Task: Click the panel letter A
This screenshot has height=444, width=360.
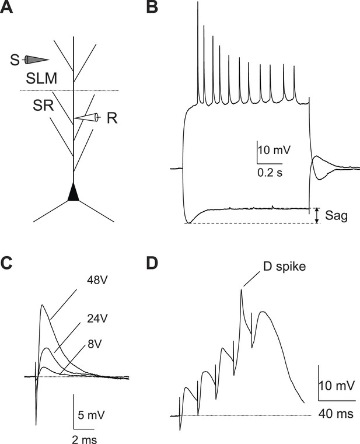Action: [x=6, y=8]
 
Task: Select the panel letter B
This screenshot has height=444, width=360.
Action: [x=152, y=8]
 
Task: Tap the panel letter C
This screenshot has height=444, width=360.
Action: [x=6, y=263]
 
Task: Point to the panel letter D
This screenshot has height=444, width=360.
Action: [x=152, y=263]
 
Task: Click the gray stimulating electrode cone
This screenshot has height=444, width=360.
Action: [x=37, y=60]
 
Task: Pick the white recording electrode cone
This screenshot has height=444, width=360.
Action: [x=86, y=117]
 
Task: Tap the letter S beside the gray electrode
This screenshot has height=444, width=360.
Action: [x=15, y=60]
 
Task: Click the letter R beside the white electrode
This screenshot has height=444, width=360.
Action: [x=112, y=118]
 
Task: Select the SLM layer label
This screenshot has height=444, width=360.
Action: [x=41, y=78]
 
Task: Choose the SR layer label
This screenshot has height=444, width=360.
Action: [x=43, y=106]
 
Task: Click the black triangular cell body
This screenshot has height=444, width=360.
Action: [x=74, y=192]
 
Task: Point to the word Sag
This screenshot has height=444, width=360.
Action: [x=336, y=216]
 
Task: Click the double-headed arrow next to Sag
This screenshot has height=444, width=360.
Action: [x=317, y=215]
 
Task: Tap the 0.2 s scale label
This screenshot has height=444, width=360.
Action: [x=270, y=173]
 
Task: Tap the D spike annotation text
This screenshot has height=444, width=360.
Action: [x=284, y=267]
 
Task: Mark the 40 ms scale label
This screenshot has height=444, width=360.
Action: [x=336, y=414]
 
